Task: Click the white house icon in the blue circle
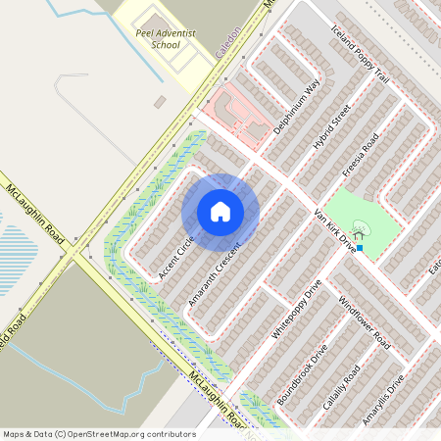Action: [220, 211]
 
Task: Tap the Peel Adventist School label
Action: [165, 38]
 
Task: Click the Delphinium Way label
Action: [297, 107]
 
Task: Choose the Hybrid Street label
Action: [332, 127]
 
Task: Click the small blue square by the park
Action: [360, 248]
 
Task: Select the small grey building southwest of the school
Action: [160, 102]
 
